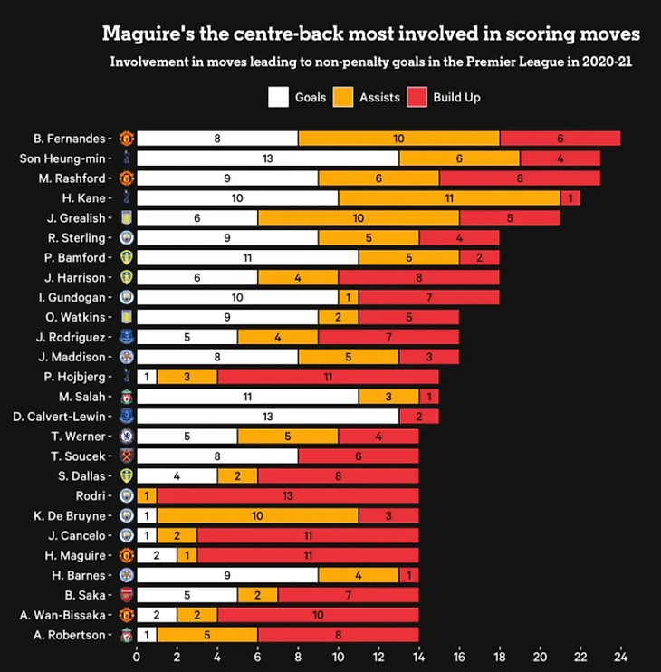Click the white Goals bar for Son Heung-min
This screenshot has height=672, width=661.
[268, 158]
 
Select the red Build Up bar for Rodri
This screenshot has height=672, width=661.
[288, 495]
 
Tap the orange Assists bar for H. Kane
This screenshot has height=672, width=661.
[449, 198]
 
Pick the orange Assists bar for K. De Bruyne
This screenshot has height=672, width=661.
[258, 515]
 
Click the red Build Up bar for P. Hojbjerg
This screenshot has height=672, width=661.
[328, 377]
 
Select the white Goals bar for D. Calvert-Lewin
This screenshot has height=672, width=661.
[268, 417]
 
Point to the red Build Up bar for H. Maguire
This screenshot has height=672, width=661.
[308, 555]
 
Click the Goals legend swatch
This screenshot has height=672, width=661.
[278, 97]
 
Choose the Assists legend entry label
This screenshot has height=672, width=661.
[379, 97]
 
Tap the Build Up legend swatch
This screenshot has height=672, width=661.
[417, 97]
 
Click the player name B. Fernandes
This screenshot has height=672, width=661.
[69, 139]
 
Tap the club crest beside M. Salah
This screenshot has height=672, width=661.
[127, 397]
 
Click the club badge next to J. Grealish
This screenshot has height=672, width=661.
[127, 218]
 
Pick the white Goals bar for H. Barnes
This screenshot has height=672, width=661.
[227, 575]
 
